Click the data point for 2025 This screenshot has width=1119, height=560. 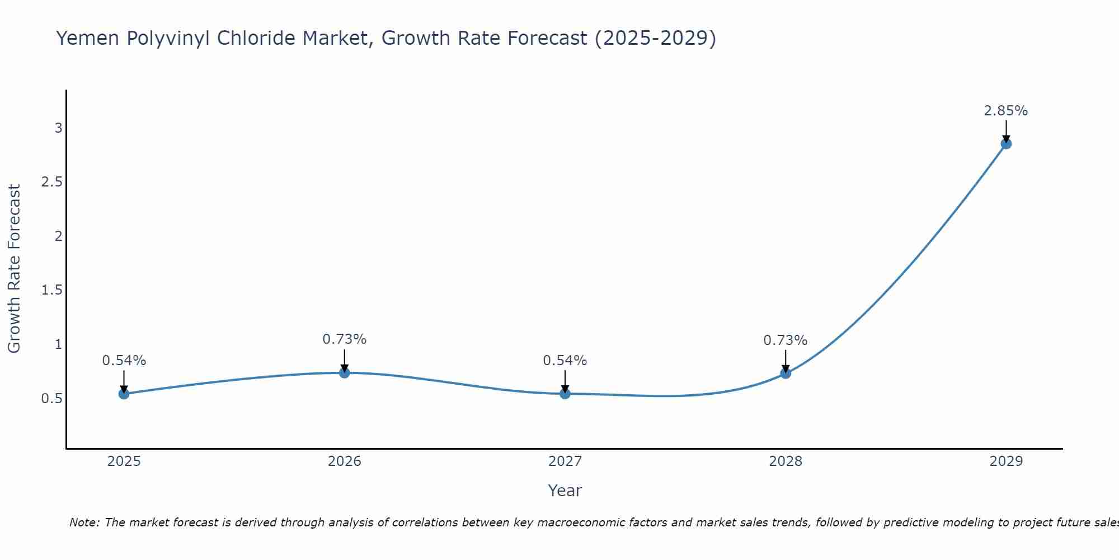124,394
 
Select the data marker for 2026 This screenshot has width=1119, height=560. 345,372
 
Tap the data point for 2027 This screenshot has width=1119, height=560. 565,394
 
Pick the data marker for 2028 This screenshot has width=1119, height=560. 786,373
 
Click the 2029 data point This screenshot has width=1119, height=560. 1006,143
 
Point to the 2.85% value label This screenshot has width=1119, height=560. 1006,111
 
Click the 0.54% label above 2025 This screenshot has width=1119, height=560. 124,361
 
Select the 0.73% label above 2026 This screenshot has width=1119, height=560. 345,339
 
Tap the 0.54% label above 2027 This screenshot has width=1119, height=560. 565,361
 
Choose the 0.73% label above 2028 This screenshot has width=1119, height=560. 786,340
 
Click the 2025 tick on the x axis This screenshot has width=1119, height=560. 124,461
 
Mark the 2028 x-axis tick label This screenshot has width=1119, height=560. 786,461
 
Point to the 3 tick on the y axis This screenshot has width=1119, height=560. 58,128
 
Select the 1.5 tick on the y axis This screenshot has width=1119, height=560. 52,290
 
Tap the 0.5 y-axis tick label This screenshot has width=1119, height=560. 52,399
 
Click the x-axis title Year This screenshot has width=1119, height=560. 565,491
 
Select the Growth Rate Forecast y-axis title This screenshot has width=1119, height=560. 14,269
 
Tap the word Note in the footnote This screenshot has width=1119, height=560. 84,522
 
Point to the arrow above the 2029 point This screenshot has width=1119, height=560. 1006,132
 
